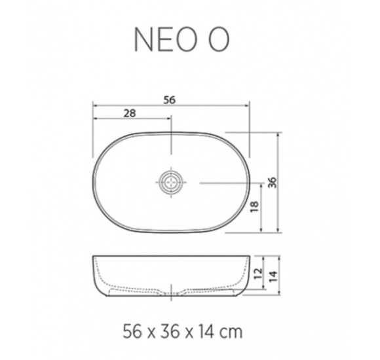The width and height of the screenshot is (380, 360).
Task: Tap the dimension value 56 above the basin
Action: (x=170, y=99)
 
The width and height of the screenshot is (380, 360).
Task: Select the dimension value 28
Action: (x=129, y=113)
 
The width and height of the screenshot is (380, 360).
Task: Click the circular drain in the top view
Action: (x=171, y=182)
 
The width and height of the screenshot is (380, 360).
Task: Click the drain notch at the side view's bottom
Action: (x=171, y=289)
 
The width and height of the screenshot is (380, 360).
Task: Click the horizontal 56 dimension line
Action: (x=131, y=106)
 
